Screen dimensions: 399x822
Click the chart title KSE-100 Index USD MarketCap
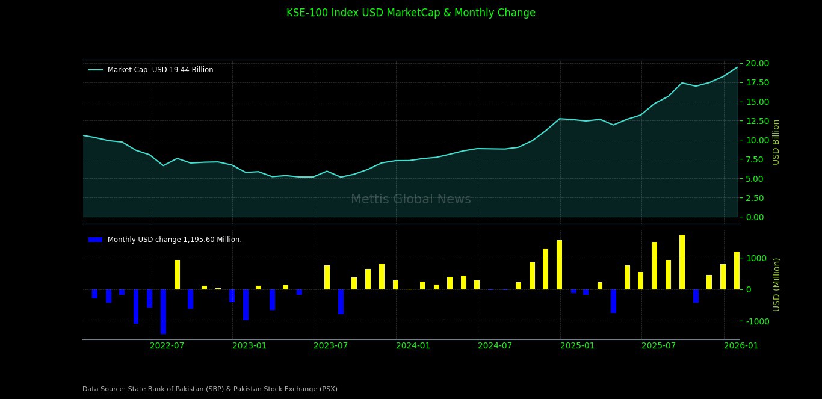click(410, 13)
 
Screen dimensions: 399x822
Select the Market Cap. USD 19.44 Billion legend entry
click(160, 70)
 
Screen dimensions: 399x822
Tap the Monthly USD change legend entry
click(175, 240)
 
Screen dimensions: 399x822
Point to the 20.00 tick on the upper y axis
click(757, 63)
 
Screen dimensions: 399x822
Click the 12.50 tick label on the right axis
click(757, 121)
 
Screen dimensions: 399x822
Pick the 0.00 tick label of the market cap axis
click(757, 217)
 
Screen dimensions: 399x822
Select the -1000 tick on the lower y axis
click(756, 321)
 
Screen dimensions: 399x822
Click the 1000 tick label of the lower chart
click(756, 258)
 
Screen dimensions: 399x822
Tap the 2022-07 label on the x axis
click(167, 345)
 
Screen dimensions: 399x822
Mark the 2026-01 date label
click(741, 345)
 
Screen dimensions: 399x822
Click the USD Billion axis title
click(776, 142)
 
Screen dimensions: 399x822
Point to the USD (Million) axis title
click(776, 284)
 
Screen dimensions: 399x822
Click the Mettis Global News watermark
click(410, 199)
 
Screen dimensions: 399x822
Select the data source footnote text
click(210, 389)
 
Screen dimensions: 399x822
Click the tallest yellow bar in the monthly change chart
click(682, 262)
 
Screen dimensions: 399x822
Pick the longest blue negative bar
click(163, 311)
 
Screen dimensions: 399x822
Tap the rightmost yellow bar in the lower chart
click(737, 270)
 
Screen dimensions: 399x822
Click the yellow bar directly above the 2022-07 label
click(177, 274)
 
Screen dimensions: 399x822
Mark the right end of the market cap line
click(737, 67)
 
